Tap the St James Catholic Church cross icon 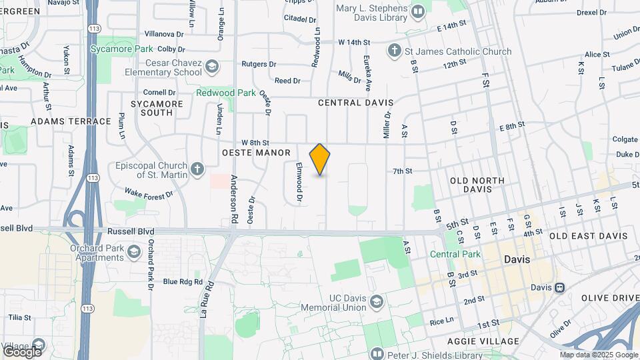point(394,51)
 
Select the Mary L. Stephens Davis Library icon point(418,11)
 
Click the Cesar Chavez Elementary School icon point(211,66)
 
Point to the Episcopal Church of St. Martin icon point(197,169)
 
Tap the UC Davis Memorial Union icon point(376,302)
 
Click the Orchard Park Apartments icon point(134,251)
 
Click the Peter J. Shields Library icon point(377,354)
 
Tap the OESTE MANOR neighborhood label point(256,153)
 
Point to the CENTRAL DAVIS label point(355,103)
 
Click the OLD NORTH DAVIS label point(480,185)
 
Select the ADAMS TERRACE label point(71,121)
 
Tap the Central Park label point(455,255)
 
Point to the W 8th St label point(255,143)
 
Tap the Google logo point(22,351)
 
